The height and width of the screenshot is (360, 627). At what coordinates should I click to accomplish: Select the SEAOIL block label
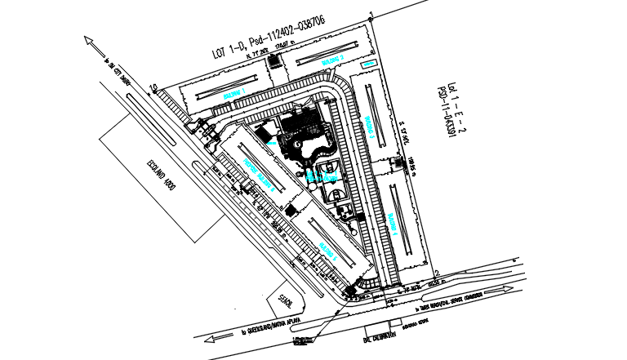click(x=285, y=301)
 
